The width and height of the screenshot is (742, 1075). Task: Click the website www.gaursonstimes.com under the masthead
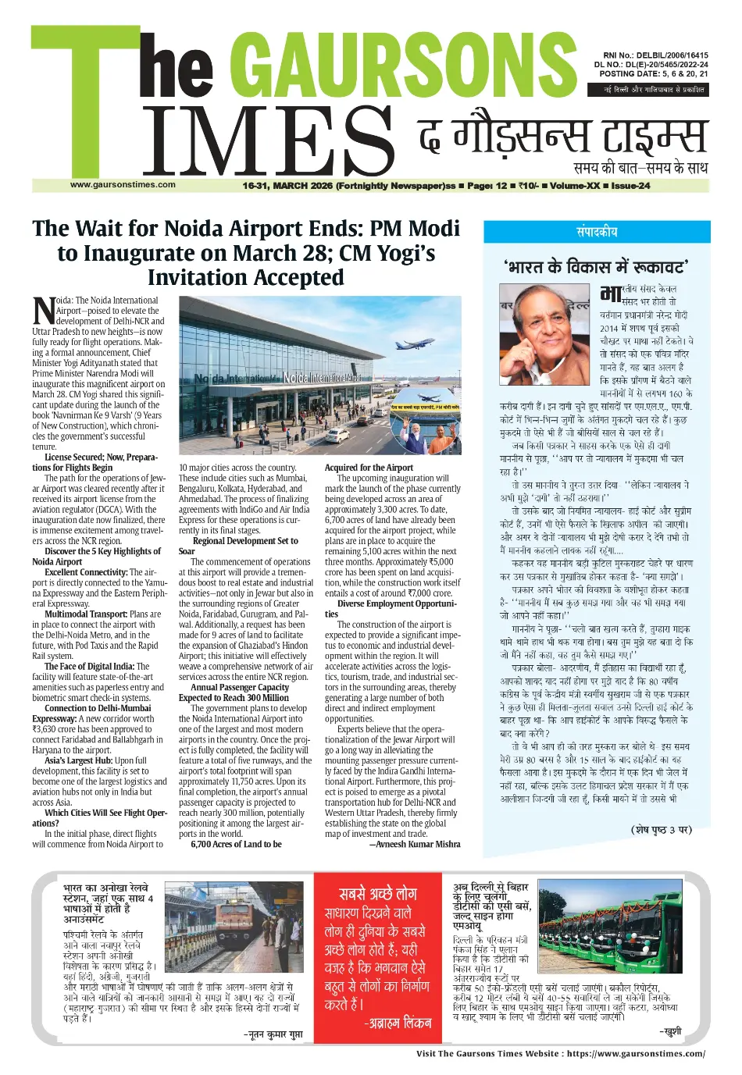pos(123,185)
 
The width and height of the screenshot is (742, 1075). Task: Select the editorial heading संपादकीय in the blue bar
pos(597,232)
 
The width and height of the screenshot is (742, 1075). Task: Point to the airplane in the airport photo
pos(415,344)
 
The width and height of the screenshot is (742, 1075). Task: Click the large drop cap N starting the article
pos(44,310)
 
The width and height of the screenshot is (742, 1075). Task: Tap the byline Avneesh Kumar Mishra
pos(414,844)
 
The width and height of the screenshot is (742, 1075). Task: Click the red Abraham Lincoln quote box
pos(378,958)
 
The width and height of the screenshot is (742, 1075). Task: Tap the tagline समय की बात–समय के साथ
pos(640,168)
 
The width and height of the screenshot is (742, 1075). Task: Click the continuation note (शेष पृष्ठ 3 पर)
pos(661,830)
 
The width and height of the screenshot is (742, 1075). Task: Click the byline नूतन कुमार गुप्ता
pos(272,1034)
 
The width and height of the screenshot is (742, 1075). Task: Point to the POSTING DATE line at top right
pos(654,74)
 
